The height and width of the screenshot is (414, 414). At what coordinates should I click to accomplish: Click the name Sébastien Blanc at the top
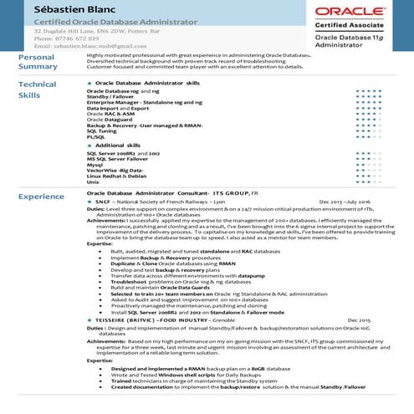coord(59,8)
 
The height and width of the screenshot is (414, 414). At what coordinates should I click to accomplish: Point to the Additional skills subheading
coord(124,146)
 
